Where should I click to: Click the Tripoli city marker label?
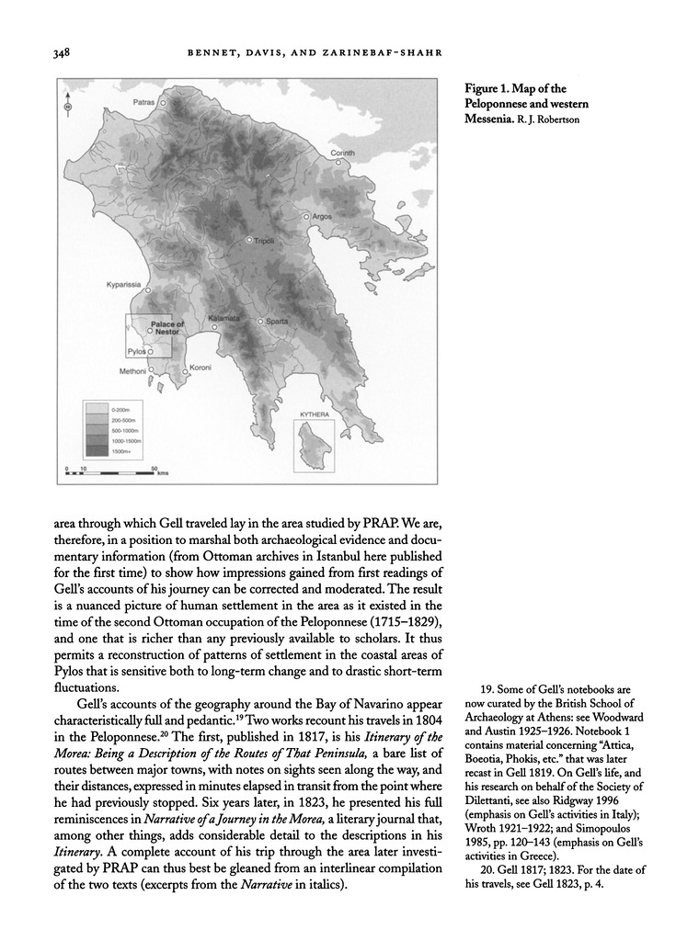264,240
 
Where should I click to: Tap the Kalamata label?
223,318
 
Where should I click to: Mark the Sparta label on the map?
277,322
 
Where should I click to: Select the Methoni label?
132,371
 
